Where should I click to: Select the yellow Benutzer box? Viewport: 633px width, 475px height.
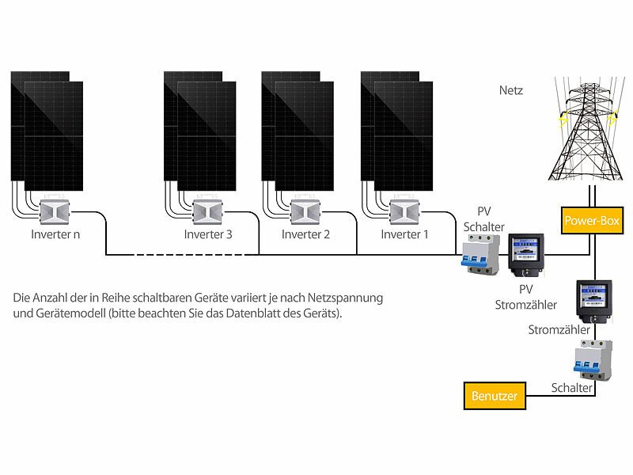pyautogui.click(x=495, y=395)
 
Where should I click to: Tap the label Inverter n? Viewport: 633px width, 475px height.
pyautogui.click(x=55, y=234)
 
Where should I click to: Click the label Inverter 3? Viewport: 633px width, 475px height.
pyautogui.click(x=208, y=234)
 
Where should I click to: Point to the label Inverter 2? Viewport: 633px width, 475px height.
pyautogui.click(x=306, y=234)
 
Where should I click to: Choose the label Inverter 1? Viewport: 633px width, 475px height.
pyautogui.click(x=404, y=234)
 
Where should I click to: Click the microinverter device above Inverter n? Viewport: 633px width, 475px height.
pyautogui.click(x=55, y=212)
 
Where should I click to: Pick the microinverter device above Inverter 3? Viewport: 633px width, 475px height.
pyautogui.click(x=208, y=212)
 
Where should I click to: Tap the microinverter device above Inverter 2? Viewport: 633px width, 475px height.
pyautogui.click(x=306, y=212)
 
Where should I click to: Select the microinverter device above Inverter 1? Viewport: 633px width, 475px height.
pyautogui.click(x=404, y=212)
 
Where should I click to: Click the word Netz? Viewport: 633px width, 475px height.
pyautogui.click(x=511, y=91)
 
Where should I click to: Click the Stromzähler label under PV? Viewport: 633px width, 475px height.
pyautogui.click(x=525, y=305)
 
